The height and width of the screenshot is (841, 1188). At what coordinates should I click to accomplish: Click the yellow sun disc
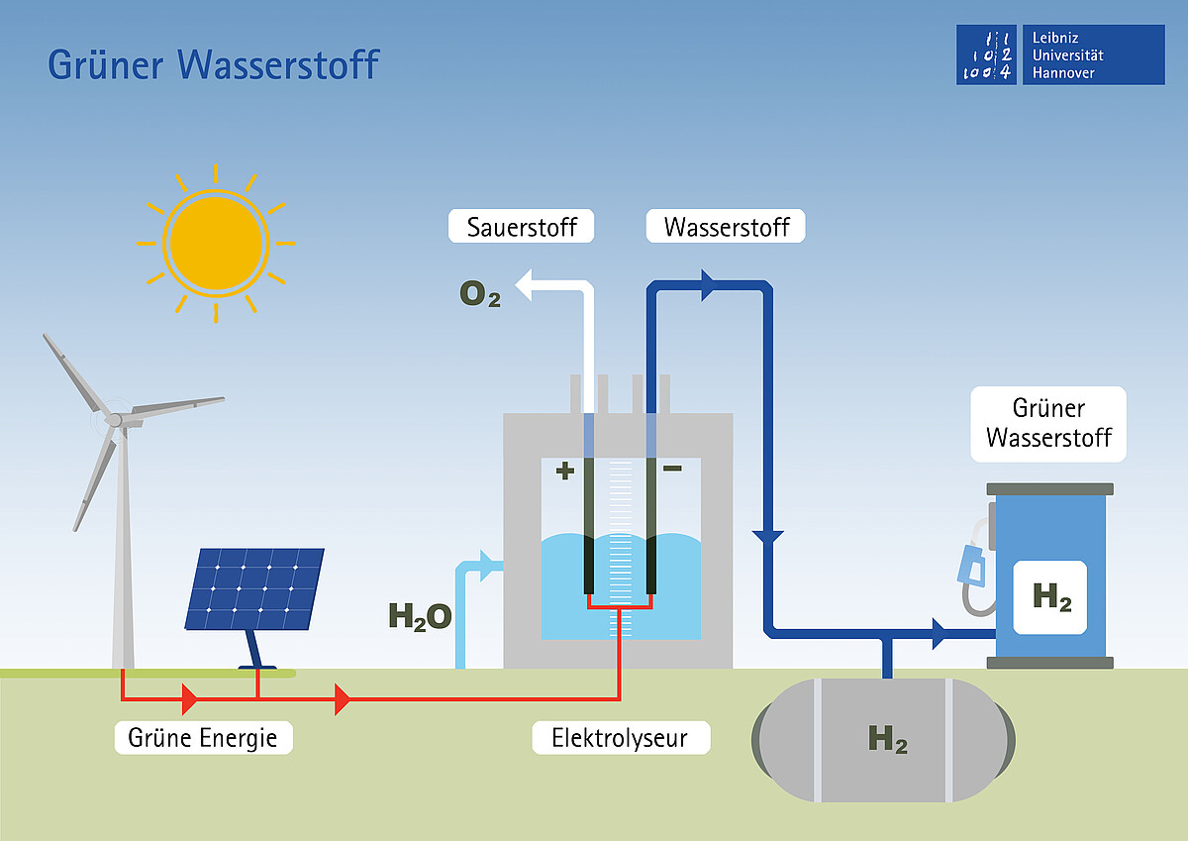coord(216,244)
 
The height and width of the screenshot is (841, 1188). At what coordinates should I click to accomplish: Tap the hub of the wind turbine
coord(114,420)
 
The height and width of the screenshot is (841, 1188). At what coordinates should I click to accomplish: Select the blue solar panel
coord(254,589)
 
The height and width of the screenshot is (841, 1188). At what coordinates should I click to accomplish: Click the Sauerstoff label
coord(522,226)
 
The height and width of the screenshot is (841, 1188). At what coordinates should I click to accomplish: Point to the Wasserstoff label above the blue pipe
coord(726,226)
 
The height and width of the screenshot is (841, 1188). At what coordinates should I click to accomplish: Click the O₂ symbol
coord(480,293)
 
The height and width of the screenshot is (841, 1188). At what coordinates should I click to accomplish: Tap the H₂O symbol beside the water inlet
coord(420,616)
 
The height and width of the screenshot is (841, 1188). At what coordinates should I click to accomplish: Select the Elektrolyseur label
coord(621,738)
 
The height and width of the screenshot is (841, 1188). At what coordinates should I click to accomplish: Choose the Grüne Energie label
coord(204,738)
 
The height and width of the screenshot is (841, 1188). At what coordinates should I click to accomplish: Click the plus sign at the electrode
coord(565,471)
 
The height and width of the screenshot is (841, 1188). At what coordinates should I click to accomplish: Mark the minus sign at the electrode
coord(672,468)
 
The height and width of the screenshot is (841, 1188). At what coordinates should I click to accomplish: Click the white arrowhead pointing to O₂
coord(524,285)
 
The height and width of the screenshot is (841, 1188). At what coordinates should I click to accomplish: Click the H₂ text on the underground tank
coord(888,739)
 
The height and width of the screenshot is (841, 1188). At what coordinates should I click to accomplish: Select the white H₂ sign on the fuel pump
coord(1050,597)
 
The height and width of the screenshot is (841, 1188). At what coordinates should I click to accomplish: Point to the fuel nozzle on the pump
coord(972,566)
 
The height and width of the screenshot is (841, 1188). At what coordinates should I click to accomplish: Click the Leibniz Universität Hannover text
coord(1067,55)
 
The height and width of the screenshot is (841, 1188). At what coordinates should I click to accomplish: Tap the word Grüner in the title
coord(106,64)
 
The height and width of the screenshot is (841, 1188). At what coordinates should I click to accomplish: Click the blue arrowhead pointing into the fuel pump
coord(940,634)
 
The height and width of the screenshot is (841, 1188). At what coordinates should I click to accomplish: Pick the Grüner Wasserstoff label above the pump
coord(1048,424)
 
